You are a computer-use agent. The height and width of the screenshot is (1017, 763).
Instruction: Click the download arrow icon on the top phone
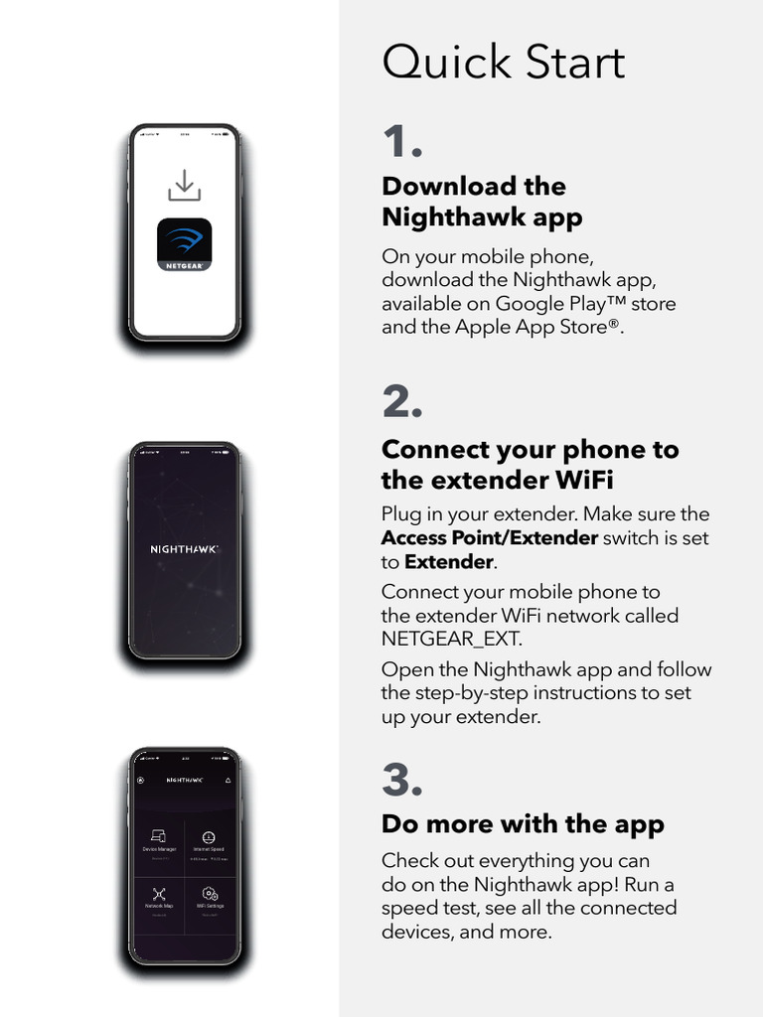pos(185,186)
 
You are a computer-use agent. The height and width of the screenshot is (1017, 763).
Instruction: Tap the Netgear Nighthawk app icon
pos(185,244)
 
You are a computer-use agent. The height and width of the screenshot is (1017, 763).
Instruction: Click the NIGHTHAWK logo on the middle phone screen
pos(185,549)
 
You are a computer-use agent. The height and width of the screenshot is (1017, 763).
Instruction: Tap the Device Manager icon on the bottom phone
pos(158,837)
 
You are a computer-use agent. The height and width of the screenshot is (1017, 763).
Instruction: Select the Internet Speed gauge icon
pos(209,837)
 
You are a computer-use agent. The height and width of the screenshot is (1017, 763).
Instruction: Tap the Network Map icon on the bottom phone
pos(159,894)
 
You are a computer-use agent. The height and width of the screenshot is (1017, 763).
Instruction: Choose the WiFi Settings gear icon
pos(210,894)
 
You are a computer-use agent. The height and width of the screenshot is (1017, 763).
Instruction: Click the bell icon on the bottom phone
pos(228,781)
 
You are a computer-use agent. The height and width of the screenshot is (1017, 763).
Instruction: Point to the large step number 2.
pos(402,402)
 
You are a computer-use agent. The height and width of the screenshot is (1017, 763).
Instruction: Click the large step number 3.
pos(402,781)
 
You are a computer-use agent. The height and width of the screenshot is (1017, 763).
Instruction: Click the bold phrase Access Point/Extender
pos(490,538)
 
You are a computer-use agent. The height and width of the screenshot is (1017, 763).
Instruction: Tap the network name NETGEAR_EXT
pos(451,639)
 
